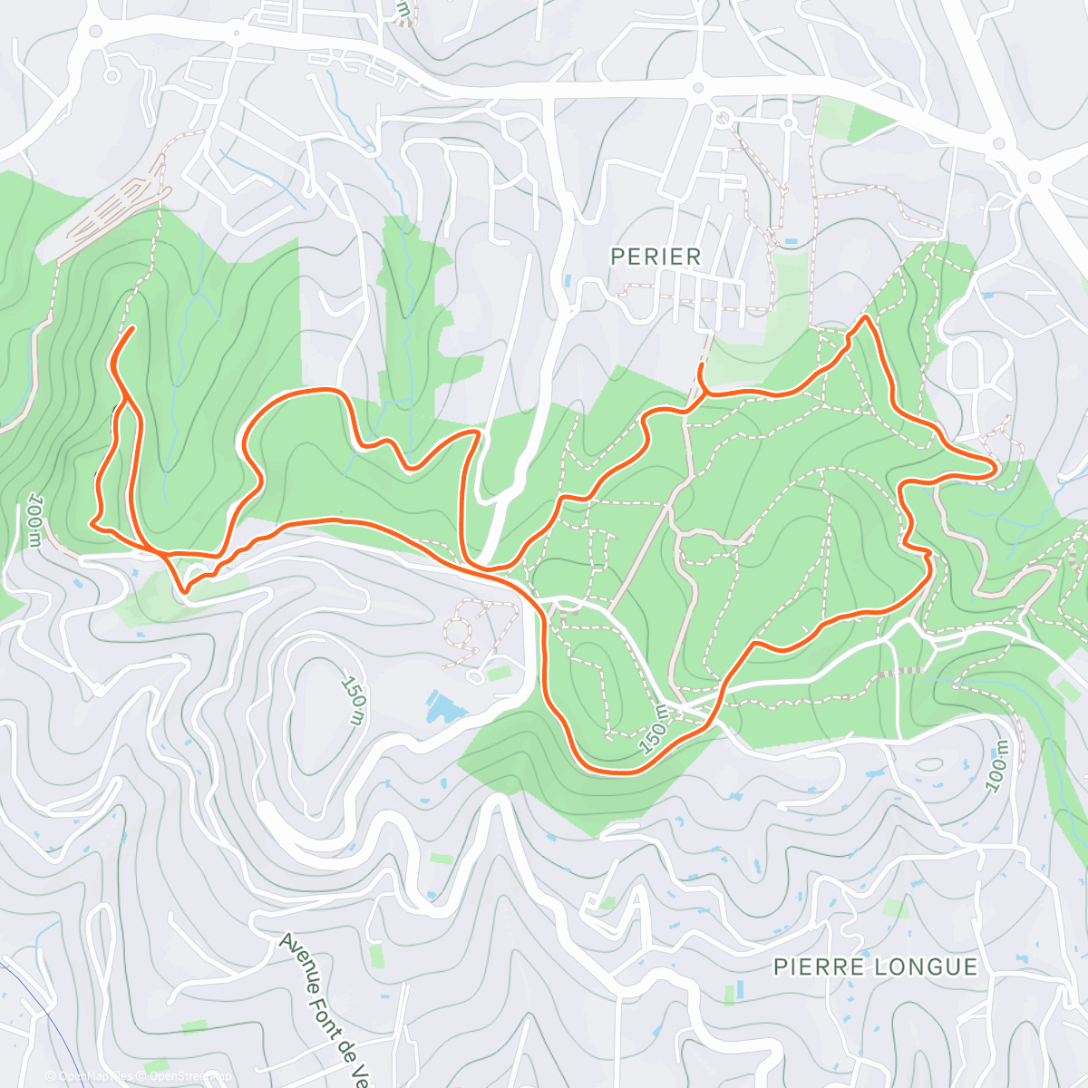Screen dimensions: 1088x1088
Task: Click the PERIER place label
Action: [656, 257]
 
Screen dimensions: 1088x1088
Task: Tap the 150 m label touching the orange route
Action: [654, 731]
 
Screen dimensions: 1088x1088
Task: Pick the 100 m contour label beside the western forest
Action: [34, 520]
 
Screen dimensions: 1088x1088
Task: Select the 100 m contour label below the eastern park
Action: [997, 766]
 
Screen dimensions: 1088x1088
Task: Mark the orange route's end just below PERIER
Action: [702, 364]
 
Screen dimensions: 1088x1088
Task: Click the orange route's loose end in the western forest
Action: [134, 327]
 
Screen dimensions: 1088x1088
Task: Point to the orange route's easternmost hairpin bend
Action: [996, 467]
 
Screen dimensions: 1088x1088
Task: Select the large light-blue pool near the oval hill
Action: [443, 706]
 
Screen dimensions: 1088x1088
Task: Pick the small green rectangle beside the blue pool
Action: [498, 673]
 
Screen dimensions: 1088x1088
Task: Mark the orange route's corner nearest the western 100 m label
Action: [92, 522]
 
